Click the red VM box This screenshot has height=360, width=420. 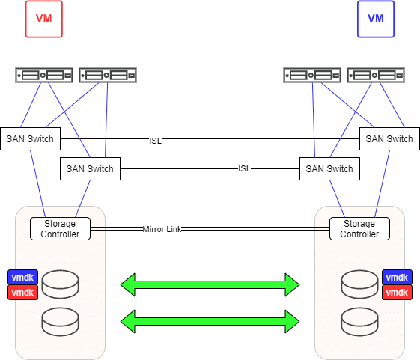(x=44, y=19)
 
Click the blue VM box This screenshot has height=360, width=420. (x=376, y=19)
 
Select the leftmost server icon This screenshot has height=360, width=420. (x=44, y=76)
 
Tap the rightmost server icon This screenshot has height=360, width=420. (x=376, y=76)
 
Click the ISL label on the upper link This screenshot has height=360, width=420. (x=156, y=141)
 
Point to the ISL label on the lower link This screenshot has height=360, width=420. (x=244, y=168)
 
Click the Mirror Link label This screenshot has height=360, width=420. (x=162, y=229)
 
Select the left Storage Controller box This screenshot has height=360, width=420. (x=61, y=228)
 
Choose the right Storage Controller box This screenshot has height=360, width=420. (x=359, y=228)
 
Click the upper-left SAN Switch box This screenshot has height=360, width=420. (x=30, y=138)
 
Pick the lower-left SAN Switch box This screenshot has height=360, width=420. (x=91, y=168)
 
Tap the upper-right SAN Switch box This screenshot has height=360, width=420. (x=389, y=138)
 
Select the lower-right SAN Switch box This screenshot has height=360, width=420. (x=329, y=168)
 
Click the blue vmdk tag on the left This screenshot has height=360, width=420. (x=22, y=277)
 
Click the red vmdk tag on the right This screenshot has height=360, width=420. (x=397, y=292)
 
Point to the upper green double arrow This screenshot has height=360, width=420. (x=210, y=284)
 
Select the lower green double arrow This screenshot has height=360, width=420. (x=210, y=321)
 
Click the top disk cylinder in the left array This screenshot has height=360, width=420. (x=61, y=284)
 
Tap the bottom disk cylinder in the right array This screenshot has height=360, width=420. (x=359, y=322)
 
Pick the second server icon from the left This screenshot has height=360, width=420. (x=108, y=76)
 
